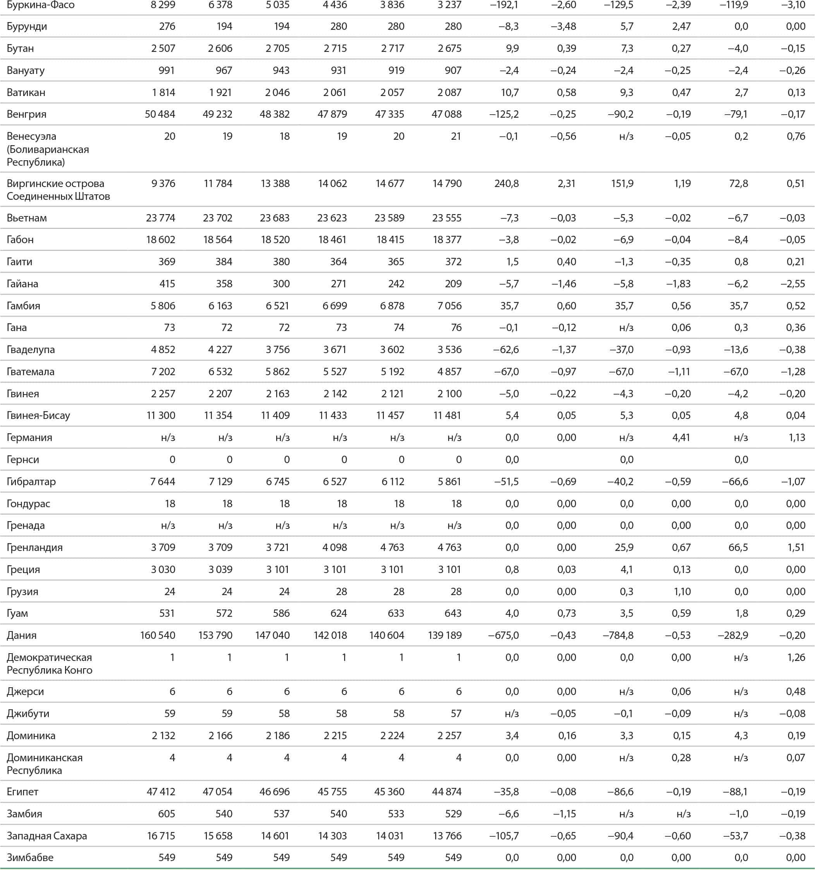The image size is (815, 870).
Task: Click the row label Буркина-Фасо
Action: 40,5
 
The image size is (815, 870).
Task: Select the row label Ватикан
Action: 26,92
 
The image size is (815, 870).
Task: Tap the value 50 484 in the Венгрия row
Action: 160,114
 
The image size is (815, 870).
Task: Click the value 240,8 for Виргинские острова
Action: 506,184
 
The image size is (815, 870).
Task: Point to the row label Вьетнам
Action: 27,218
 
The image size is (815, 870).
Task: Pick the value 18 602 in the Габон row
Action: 160,240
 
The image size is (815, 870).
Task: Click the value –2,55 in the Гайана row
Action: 793,283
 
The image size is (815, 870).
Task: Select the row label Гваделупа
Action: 31,350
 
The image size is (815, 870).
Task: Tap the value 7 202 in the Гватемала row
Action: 163,372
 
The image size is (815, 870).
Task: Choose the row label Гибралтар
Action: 31,482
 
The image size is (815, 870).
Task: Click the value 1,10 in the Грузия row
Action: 681,592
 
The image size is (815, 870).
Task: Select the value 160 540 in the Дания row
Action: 158,635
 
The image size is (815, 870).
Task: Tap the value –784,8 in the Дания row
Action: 618,635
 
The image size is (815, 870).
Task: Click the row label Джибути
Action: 28,714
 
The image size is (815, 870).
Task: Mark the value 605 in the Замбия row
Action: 167,814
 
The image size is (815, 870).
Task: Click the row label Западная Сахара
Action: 46,836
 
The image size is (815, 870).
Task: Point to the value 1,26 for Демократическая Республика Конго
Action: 796,657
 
